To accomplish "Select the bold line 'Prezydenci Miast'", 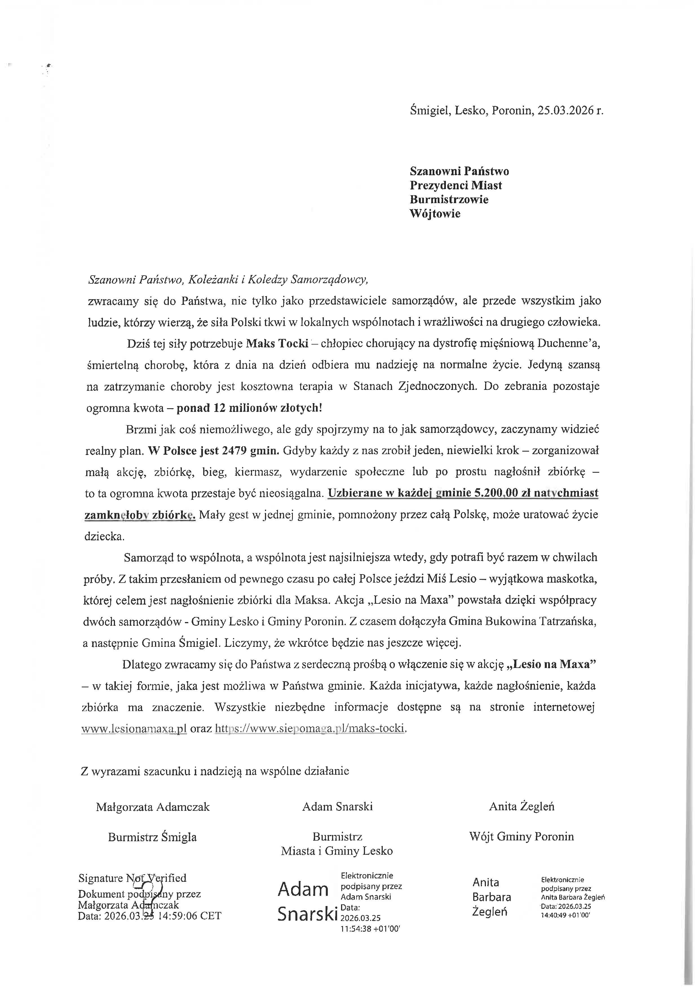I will (455, 185).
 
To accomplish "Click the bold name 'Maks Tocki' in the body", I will (277, 344).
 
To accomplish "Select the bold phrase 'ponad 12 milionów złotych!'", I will (249, 408).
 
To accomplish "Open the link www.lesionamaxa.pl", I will (134, 729).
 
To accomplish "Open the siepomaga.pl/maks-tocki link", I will (310, 729).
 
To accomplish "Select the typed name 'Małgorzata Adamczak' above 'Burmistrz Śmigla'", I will (153, 807).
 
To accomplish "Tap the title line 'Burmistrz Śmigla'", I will (152, 837).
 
